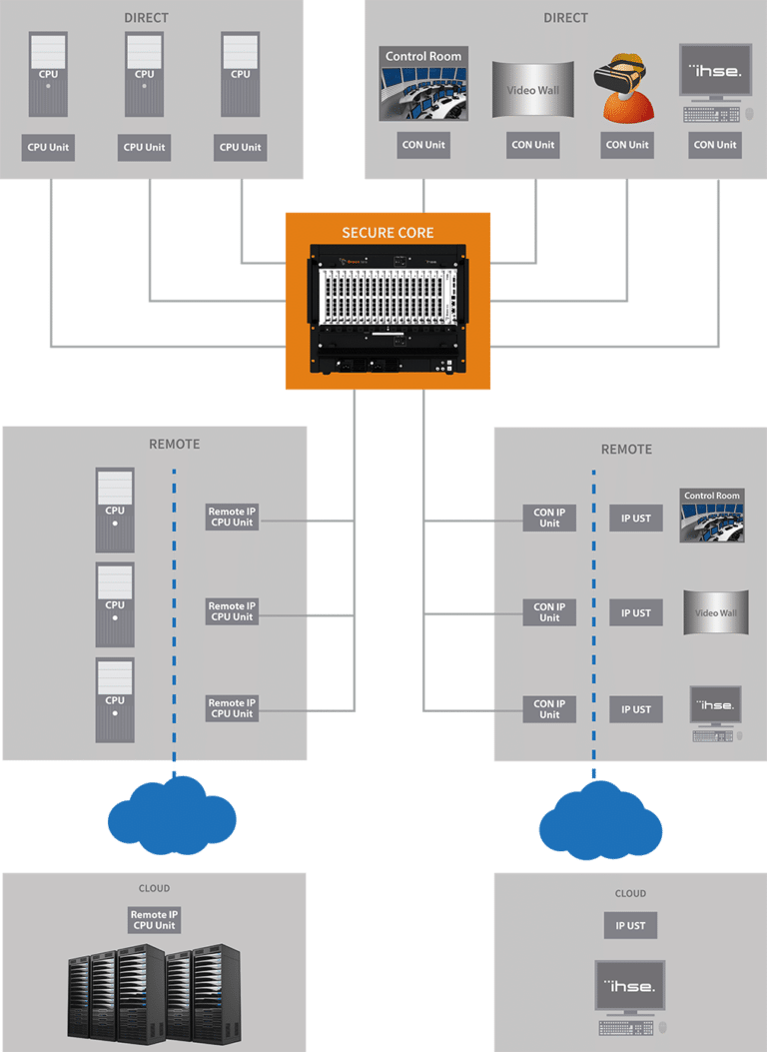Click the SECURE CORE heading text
coord(387,233)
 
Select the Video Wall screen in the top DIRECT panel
coord(534,91)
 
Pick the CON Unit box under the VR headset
coord(627,145)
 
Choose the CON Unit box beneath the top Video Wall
coord(533,145)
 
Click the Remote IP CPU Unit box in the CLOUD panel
coord(154,919)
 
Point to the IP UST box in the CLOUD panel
coord(630,925)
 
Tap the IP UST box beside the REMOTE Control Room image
coord(636,518)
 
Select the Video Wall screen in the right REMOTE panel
coord(715,612)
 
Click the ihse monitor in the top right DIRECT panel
coord(715,72)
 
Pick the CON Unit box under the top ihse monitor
coord(715,145)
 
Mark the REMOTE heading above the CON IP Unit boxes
coord(626,450)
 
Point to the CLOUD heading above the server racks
coord(154,888)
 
